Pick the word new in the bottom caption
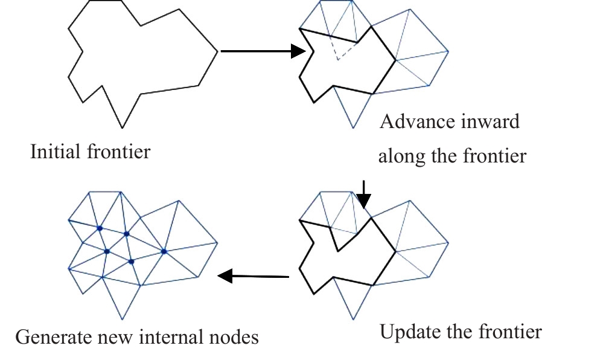pos(116,336)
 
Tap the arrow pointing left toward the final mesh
pos(254,277)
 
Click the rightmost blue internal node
pos(164,251)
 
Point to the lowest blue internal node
pos(131,262)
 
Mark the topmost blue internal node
pos(99,228)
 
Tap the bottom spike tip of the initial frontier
pos(123,127)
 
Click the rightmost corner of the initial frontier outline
pos(217,51)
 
